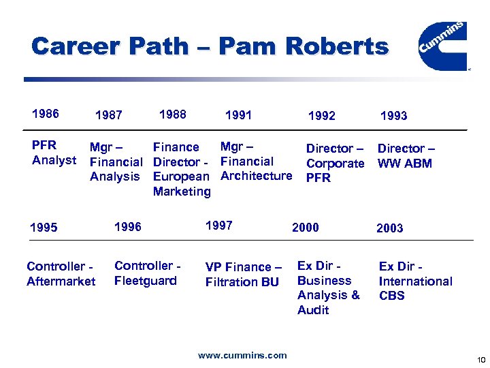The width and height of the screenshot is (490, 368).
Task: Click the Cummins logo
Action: point(442,45)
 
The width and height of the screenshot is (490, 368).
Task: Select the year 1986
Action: point(46,114)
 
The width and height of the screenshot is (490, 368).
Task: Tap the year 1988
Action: point(172,114)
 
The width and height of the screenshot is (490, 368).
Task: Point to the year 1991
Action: point(238,115)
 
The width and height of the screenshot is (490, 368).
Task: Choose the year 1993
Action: point(393,116)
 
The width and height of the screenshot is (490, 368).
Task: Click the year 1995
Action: point(44,228)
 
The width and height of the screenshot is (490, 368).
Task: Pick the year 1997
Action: point(218,226)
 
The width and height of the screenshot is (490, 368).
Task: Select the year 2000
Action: point(305,228)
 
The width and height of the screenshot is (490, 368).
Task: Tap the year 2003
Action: point(389,228)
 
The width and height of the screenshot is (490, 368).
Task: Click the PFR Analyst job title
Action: point(54,153)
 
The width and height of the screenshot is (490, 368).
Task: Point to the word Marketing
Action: point(182,191)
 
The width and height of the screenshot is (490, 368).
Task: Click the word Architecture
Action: point(256,176)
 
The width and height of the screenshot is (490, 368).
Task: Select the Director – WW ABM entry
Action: point(406,155)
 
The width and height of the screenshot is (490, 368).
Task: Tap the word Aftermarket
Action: point(61,281)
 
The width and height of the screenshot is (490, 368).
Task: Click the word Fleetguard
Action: point(146,281)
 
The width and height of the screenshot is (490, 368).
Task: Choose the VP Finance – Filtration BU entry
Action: point(244,274)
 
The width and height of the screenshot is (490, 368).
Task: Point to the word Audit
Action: point(313,310)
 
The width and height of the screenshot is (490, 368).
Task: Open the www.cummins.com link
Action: point(242,355)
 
